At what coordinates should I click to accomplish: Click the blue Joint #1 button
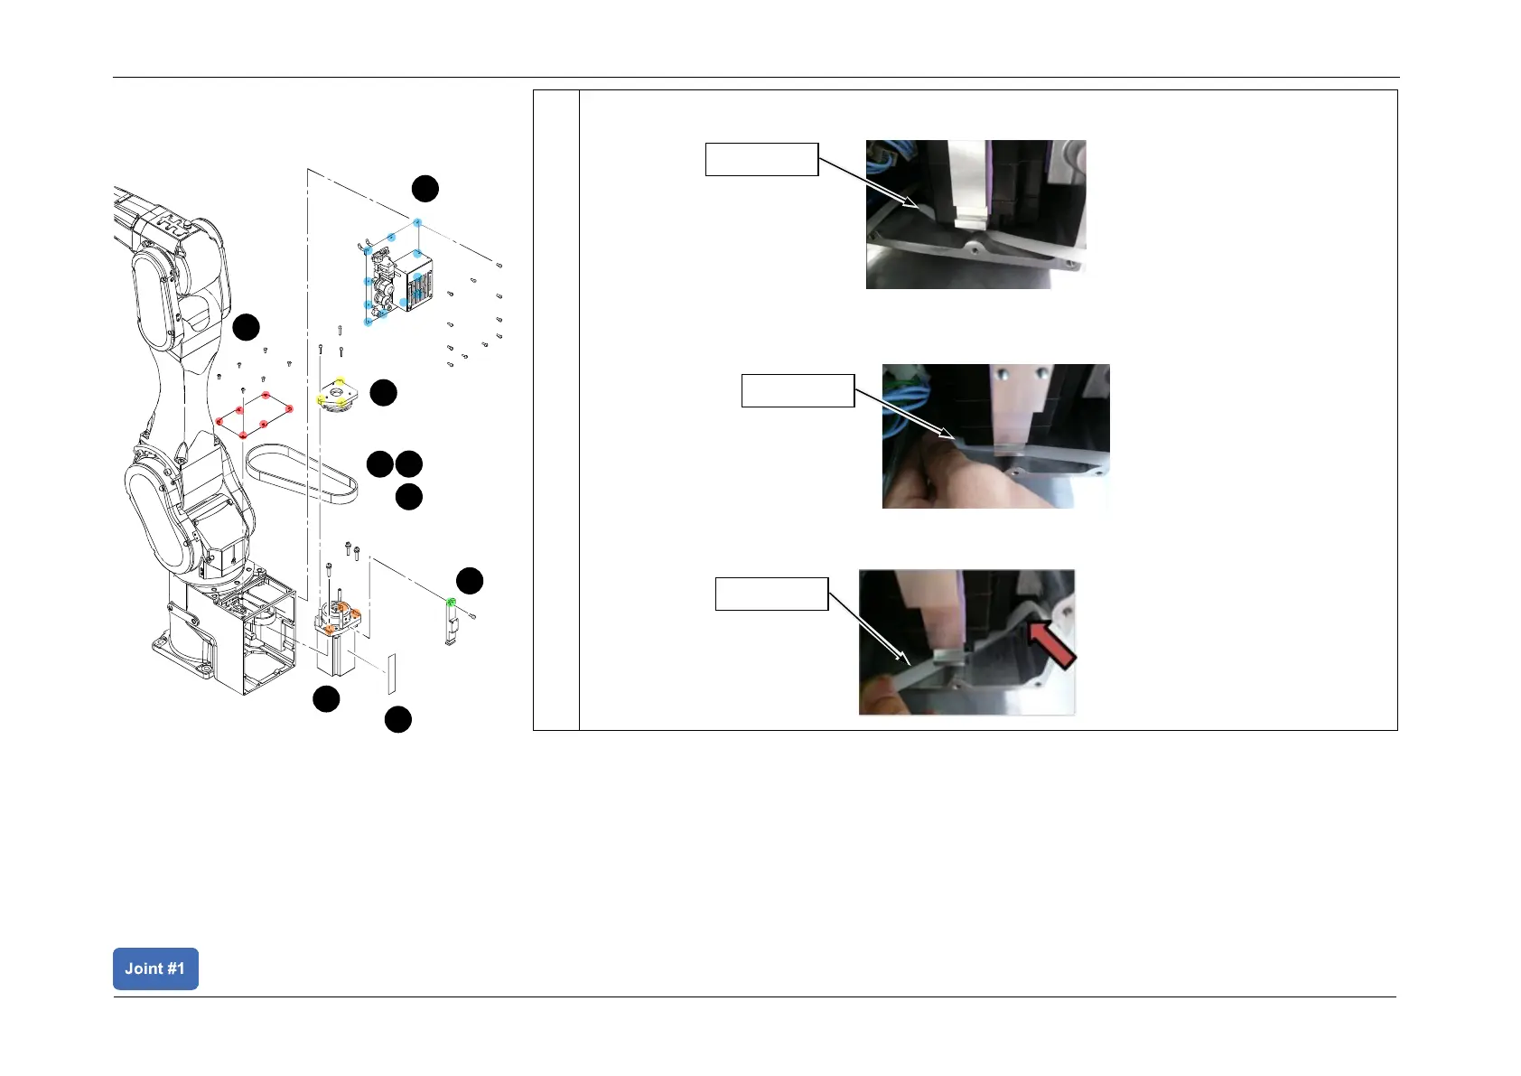point(155,968)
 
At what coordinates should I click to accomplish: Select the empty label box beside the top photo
point(761,159)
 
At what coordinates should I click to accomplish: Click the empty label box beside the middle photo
point(798,390)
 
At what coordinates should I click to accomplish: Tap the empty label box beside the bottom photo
point(771,594)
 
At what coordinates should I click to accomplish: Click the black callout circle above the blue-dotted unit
point(425,189)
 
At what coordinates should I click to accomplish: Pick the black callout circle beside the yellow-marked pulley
point(384,392)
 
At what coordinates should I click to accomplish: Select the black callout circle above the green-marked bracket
point(470,581)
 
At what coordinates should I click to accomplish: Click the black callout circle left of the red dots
point(247,327)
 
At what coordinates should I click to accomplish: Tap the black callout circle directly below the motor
point(326,698)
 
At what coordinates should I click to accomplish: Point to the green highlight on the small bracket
point(451,602)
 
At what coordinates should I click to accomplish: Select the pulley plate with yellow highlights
point(337,397)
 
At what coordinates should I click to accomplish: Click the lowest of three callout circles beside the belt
point(409,497)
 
